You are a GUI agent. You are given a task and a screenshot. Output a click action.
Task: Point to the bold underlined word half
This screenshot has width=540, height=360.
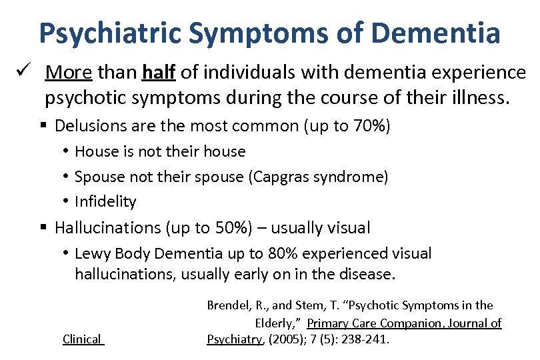pyautogui.click(x=157, y=72)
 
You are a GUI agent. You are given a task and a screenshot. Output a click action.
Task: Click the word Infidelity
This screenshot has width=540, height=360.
pyautogui.click(x=105, y=201)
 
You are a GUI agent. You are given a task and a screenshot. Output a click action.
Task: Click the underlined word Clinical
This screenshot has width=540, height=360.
pyautogui.click(x=82, y=339)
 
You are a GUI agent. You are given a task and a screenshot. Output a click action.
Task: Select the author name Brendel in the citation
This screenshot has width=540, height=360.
pyautogui.click(x=228, y=305)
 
